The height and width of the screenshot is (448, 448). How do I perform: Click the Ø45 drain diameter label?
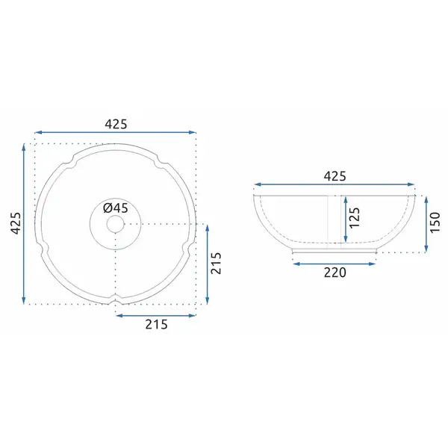click(116, 208)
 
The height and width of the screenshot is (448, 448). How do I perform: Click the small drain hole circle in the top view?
click(116, 224)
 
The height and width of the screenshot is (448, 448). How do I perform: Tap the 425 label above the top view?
click(116, 124)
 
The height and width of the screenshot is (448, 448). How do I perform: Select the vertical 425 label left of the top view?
click(16, 223)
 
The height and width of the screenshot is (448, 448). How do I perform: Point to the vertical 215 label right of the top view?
click(216, 263)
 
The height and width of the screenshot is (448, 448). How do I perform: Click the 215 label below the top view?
click(156, 324)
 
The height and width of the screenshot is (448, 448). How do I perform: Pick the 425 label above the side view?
click(335, 176)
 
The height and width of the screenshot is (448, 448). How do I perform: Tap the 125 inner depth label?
click(354, 217)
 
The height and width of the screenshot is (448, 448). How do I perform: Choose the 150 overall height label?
click(435, 223)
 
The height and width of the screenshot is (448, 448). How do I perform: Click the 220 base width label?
click(335, 273)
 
